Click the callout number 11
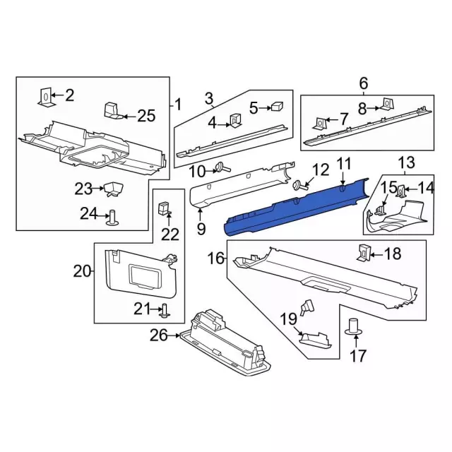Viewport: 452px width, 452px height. [x=343, y=165]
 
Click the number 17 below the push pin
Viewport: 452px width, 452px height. [x=358, y=355]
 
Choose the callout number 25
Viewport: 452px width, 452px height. [x=145, y=116]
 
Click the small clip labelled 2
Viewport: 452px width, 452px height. [x=44, y=96]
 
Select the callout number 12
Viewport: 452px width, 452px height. [x=321, y=169]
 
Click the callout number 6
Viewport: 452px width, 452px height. [x=364, y=84]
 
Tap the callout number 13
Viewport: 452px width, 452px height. [x=407, y=164]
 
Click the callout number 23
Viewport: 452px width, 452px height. [x=83, y=189]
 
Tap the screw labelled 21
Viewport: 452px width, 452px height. [x=163, y=309]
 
